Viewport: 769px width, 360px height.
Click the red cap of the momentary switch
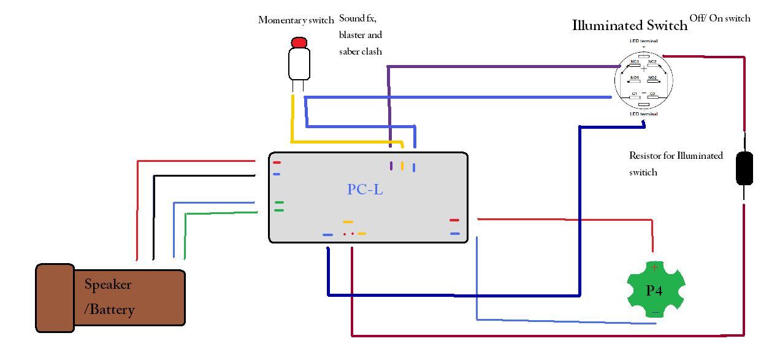tap(299, 42)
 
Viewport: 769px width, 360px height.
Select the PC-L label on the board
tap(365, 190)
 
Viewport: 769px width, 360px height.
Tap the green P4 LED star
tap(655, 289)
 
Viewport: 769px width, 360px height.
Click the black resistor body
tap(744, 168)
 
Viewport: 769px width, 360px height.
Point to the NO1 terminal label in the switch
tap(635, 78)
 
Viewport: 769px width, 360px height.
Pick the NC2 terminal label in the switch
tap(652, 62)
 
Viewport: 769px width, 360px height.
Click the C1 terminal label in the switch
tap(635, 94)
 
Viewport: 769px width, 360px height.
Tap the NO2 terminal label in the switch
tap(652, 78)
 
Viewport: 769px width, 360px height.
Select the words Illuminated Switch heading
tap(629, 26)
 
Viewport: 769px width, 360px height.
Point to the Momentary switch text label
tap(296, 20)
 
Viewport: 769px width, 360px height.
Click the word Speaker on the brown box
tap(108, 285)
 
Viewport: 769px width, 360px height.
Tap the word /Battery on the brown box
tap(109, 309)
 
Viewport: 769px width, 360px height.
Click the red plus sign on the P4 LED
tap(654, 267)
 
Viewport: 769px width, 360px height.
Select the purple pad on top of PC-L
tap(391, 166)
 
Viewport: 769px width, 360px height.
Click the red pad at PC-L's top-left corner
tap(277, 163)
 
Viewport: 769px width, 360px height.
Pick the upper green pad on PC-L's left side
tap(279, 202)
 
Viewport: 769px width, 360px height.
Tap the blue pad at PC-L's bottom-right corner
tap(454, 234)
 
